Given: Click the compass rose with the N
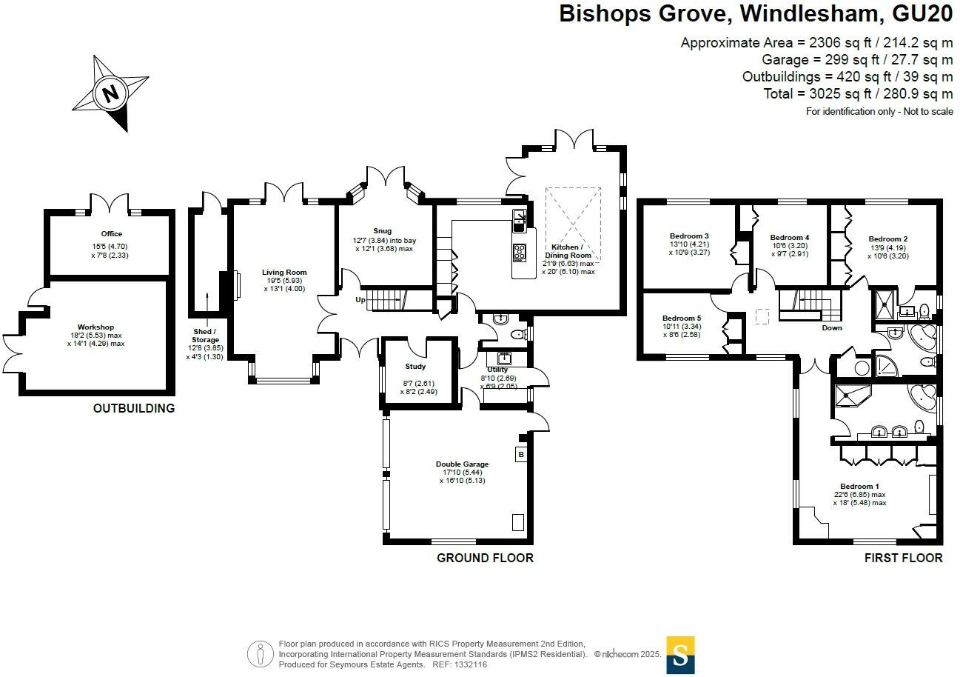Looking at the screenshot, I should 110,94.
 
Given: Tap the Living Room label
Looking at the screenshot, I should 284,273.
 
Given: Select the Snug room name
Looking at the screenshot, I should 383,231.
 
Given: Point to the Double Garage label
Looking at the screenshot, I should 462,464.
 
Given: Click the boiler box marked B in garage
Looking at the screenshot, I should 520,454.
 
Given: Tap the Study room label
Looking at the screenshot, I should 415,367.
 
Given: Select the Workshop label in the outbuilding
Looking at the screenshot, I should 95,327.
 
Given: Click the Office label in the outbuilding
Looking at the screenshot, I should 112,234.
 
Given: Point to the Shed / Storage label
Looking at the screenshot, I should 205,336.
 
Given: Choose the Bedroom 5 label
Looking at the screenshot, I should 681,318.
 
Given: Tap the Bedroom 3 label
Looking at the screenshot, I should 691,236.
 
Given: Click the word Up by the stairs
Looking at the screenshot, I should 360,300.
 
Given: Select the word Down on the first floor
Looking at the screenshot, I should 831,328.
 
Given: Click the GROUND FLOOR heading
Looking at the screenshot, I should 485,558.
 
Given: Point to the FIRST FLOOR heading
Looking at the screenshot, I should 903,558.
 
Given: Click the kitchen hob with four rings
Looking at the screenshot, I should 520,252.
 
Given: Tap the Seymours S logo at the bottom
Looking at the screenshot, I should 680,654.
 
